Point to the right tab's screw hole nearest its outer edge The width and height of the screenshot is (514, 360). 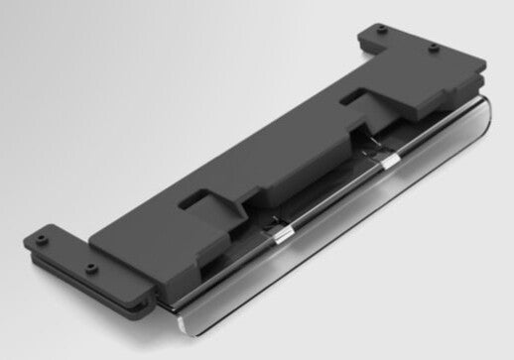[x=435, y=47]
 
